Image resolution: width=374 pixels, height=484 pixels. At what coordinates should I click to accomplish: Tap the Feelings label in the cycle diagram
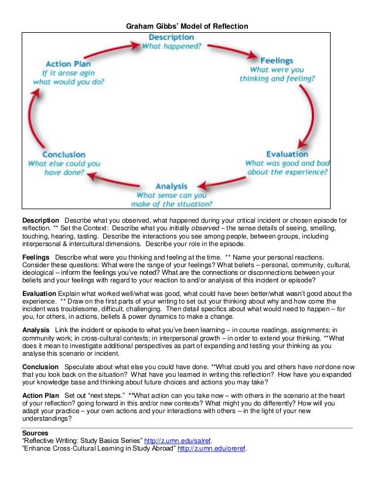(277, 60)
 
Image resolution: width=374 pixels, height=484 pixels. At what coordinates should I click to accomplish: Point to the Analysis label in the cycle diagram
(175, 186)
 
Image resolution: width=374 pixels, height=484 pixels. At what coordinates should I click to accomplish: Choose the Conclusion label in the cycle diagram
(64, 155)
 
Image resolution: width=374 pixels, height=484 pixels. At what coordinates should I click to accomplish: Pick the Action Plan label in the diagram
(66, 64)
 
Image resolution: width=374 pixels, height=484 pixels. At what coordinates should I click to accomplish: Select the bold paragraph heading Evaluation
(39, 293)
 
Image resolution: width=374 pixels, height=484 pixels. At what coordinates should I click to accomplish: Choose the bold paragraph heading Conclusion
(40, 366)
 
